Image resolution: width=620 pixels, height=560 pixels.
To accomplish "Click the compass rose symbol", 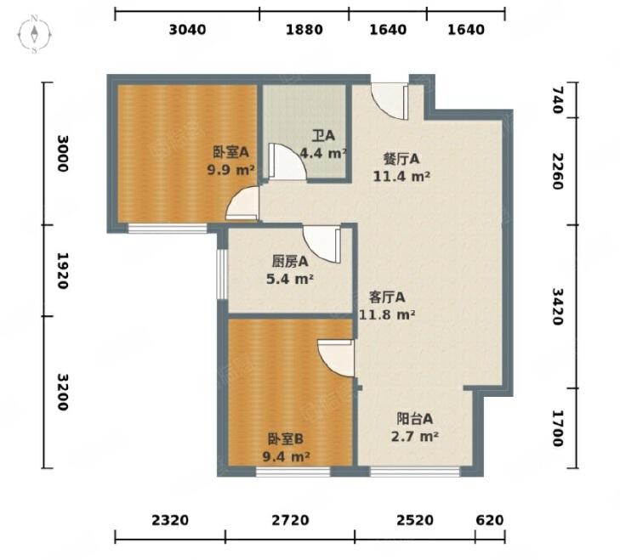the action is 34,34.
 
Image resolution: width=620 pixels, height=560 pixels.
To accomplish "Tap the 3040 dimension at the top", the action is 187,30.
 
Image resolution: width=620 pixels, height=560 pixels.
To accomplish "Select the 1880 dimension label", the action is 304,30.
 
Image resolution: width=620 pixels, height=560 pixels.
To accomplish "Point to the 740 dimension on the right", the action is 557,100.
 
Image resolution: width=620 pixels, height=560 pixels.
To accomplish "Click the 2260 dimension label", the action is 557,171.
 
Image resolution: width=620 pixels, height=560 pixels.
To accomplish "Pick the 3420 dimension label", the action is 557,307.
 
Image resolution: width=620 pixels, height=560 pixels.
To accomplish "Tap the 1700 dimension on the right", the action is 557,428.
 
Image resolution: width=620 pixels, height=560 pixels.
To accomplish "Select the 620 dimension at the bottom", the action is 490,520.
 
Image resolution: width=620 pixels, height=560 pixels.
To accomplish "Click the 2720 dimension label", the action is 290,520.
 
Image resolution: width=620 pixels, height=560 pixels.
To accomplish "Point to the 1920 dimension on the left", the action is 62,271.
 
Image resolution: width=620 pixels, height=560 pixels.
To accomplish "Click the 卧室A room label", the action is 231,152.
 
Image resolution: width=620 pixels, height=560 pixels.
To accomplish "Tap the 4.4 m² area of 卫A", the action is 323,153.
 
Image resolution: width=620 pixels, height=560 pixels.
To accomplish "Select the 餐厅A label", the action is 401,159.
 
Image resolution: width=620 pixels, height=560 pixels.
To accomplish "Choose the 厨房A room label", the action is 290,262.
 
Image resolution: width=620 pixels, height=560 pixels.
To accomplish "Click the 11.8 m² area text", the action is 387,315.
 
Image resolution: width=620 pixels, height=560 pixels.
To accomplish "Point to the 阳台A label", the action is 414,419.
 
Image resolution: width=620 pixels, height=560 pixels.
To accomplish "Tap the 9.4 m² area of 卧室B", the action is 286,457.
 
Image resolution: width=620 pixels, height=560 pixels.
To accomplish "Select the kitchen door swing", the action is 321,244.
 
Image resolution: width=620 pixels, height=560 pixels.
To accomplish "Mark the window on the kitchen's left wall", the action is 222,274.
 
